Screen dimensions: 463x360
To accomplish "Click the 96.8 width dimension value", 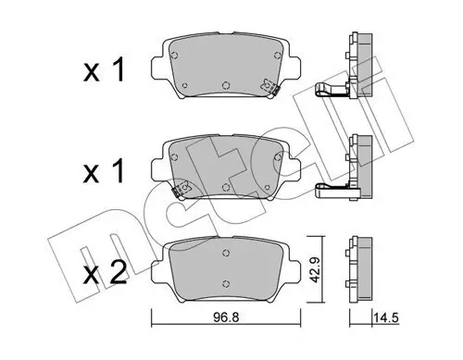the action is tap(226, 317).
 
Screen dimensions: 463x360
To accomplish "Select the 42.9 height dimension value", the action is tap(315, 269).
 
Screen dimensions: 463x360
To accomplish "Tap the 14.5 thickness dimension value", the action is tap(386, 317).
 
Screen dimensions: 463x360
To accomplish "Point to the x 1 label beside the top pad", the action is tap(104, 70).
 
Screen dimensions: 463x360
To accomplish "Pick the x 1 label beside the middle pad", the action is tap(104, 171).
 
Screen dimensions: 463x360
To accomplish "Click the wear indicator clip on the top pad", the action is tap(270, 87).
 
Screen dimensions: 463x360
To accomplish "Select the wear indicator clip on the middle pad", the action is tap(181, 189).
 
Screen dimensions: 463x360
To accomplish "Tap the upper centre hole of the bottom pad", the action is tap(226, 253).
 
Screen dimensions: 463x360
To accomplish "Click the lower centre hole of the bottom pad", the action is tap(226, 283).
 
